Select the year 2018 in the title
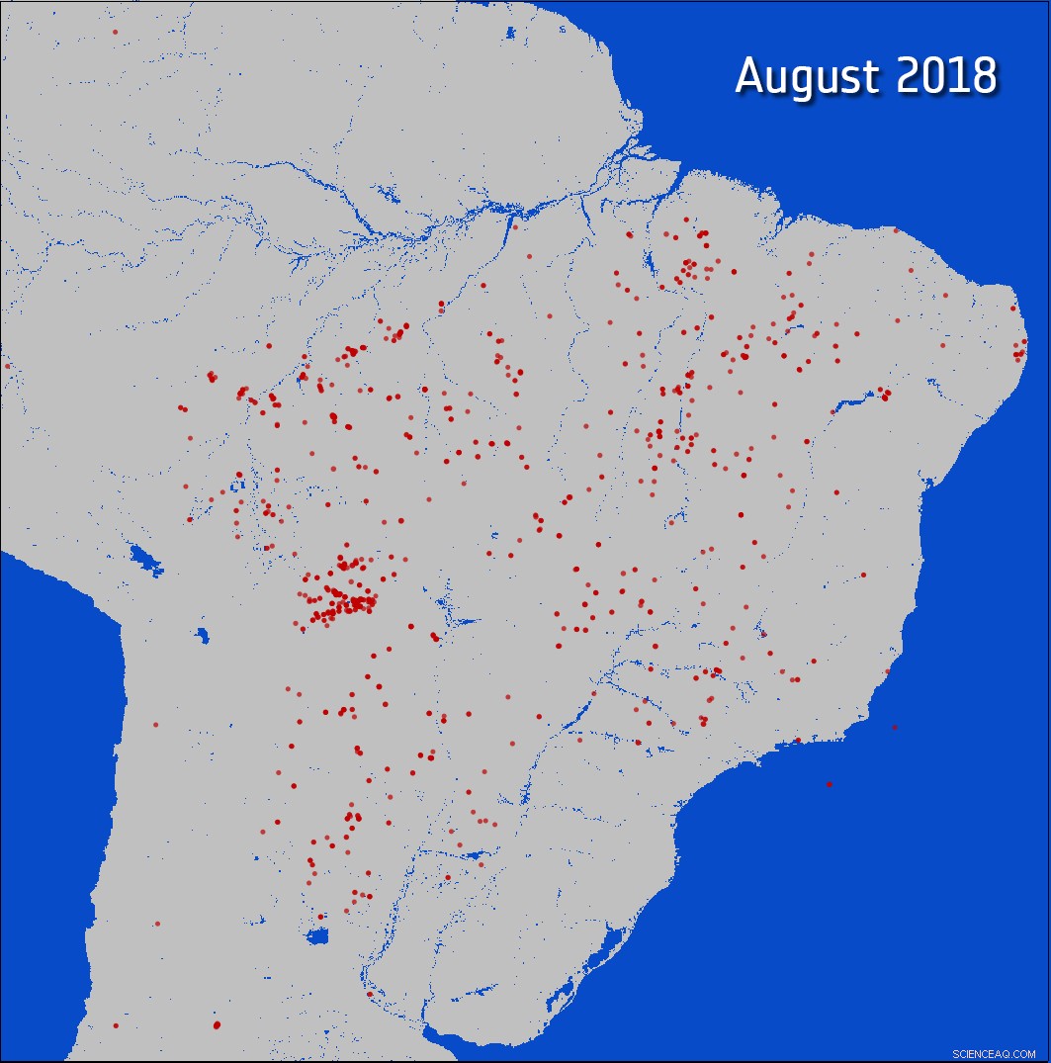[x=946, y=77]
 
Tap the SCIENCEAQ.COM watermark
[x=994, y=1053]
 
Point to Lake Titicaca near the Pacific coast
[x=145, y=559]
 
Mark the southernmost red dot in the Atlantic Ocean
[x=829, y=784]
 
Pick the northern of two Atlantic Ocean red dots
[x=895, y=728]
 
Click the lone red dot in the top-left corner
[x=115, y=32]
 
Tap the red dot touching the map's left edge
[x=7, y=366]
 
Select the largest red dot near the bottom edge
[x=217, y=1024]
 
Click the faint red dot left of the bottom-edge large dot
[x=116, y=1025]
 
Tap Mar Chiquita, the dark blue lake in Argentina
[x=317, y=936]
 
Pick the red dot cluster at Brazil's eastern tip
[x=1019, y=348]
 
